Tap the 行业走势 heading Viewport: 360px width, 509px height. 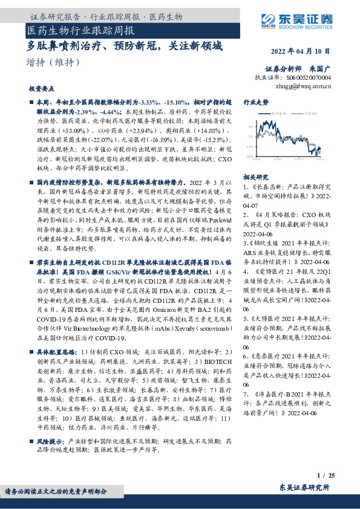pos(256,103)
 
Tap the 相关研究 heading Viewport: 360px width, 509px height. pos(255,177)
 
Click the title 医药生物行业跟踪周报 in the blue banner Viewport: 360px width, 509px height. pos(81,30)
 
